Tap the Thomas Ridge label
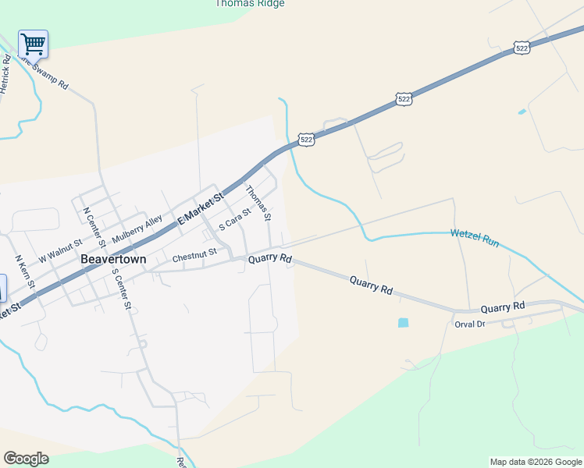[x=249, y=3]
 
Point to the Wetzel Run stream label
[x=474, y=238]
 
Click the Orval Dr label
[x=470, y=323]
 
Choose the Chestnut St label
[x=194, y=257]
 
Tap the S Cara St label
[x=235, y=219]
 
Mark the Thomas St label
[x=258, y=201]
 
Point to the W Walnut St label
[x=59, y=250]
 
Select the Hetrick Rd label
[x=5, y=75]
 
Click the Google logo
[x=26, y=459]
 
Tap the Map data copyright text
[x=535, y=462]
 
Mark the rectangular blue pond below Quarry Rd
[x=403, y=322]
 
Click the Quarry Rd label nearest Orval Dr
[x=502, y=308]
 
